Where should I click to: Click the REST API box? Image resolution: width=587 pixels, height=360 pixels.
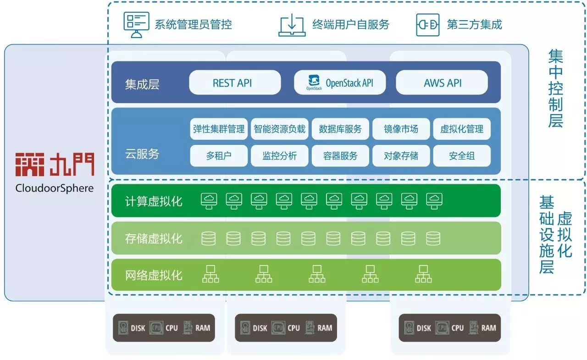pyautogui.click(x=234, y=83)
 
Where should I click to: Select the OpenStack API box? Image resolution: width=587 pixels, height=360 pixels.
pyautogui.click(x=340, y=83)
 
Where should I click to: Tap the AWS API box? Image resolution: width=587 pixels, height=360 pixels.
pyautogui.click(x=442, y=83)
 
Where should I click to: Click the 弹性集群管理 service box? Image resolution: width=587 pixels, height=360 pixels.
pyautogui.click(x=219, y=129)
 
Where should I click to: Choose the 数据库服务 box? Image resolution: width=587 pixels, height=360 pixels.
pyautogui.click(x=340, y=129)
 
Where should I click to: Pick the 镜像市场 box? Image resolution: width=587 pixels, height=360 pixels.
pyautogui.click(x=401, y=129)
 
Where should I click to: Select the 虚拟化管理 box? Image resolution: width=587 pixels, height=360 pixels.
pyautogui.click(x=461, y=129)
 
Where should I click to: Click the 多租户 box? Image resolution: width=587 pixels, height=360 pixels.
pyautogui.click(x=219, y=155)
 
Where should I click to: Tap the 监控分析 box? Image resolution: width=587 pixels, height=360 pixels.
pyautogui.click(x=279, y=155)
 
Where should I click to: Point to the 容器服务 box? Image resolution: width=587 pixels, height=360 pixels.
pyautogui.click(x=340, y=155)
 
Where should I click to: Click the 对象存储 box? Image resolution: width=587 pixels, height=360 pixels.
pyautogui.click(x=401, y=155)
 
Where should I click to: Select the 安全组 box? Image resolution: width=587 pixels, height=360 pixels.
pyautogui.click(x=461, y=155)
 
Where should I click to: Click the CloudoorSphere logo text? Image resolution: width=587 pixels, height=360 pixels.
pyautogui.click(x=54, y=188)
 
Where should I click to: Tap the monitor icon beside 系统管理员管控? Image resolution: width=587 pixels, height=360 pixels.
pyautogui.click(x=136, y=24)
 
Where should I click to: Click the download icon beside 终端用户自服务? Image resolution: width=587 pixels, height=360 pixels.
pyautogui.click(x=292, y=24)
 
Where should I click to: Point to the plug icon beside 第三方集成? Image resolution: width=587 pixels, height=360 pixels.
pyautogui.click(x=427, y=24)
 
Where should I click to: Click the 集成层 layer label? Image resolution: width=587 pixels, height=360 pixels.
pyautogui.click(x=142, y=84)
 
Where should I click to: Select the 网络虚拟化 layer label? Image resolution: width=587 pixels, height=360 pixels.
pyautogui.click(x=154, y=275)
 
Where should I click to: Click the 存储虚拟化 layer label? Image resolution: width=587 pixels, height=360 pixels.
pyautogui.click(x=154, y=238)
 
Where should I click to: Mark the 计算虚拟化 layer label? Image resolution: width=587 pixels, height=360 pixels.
pyautogui.click(x=154, y=201)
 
